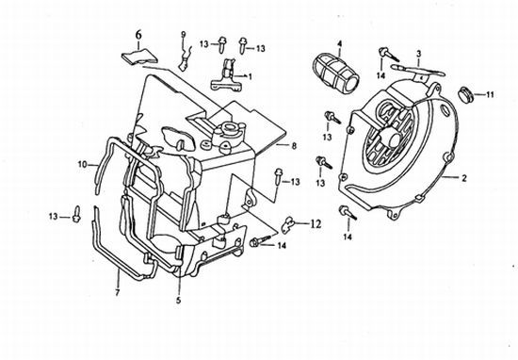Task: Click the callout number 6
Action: pyautogui.click(x=138, y=35)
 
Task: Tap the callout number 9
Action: pyautogui.click(x=184, y=34)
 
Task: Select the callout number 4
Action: pyautogui.click(x=339, y=43)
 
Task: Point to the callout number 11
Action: pyautogui.click(x=490, y=95)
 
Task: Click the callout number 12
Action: pyautogui.click(x=316, y=224)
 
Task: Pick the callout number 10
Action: pyautogui.click(x=82, y=164)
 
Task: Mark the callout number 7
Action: pyautogui.click(x=117, y=292)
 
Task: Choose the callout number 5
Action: pyautogui.click(x=178, y=301)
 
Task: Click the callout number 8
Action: pyautogui.click(x=294, y=146)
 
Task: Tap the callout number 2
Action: pyautogui.click(x=464, y=178)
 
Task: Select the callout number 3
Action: pyautogui.click(x=418, y=53)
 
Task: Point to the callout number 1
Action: pyautogui.click(x=251, y=76)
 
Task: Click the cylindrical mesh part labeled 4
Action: pyautogui.click(x=335, y=74)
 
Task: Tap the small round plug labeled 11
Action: pyautogui.click(x=465, y=94)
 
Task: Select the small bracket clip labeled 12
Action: pyautogui.click(x=288, y=223)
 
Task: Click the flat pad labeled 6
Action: pyautogui.click(x=139, y=57)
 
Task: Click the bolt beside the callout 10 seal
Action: pyautogui.click(x=76, y=214)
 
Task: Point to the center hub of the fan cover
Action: pyautogui.click(x=393, y=139)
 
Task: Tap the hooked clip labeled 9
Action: pyautogui.click(x=185, y=58)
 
